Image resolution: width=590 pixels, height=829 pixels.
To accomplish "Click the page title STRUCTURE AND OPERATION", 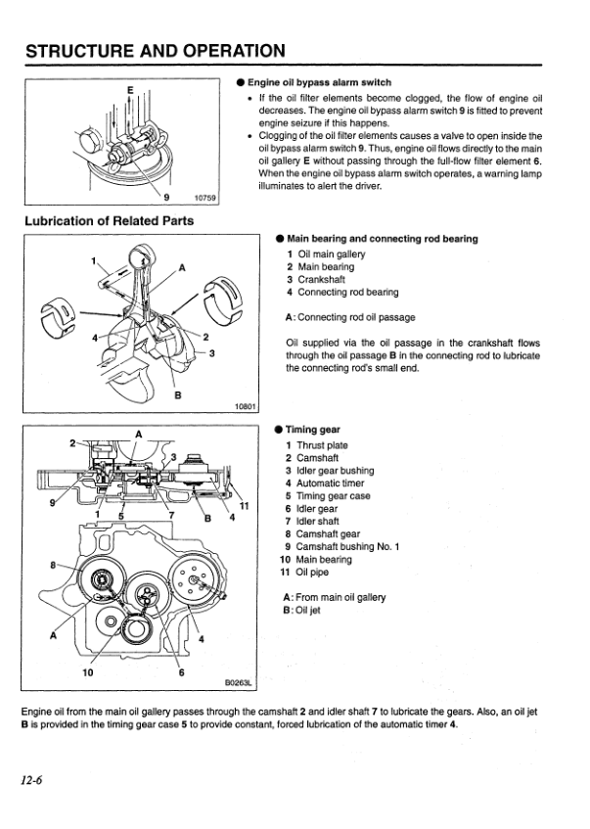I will pos(156,50).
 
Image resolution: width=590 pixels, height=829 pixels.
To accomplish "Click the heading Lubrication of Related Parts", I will pos(109,220).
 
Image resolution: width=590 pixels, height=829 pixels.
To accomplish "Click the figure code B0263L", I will pos(239,686).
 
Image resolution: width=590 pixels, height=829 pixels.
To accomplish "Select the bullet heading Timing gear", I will pos(313,429).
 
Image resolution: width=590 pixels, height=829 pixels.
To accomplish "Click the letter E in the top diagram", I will pos(130,89).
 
